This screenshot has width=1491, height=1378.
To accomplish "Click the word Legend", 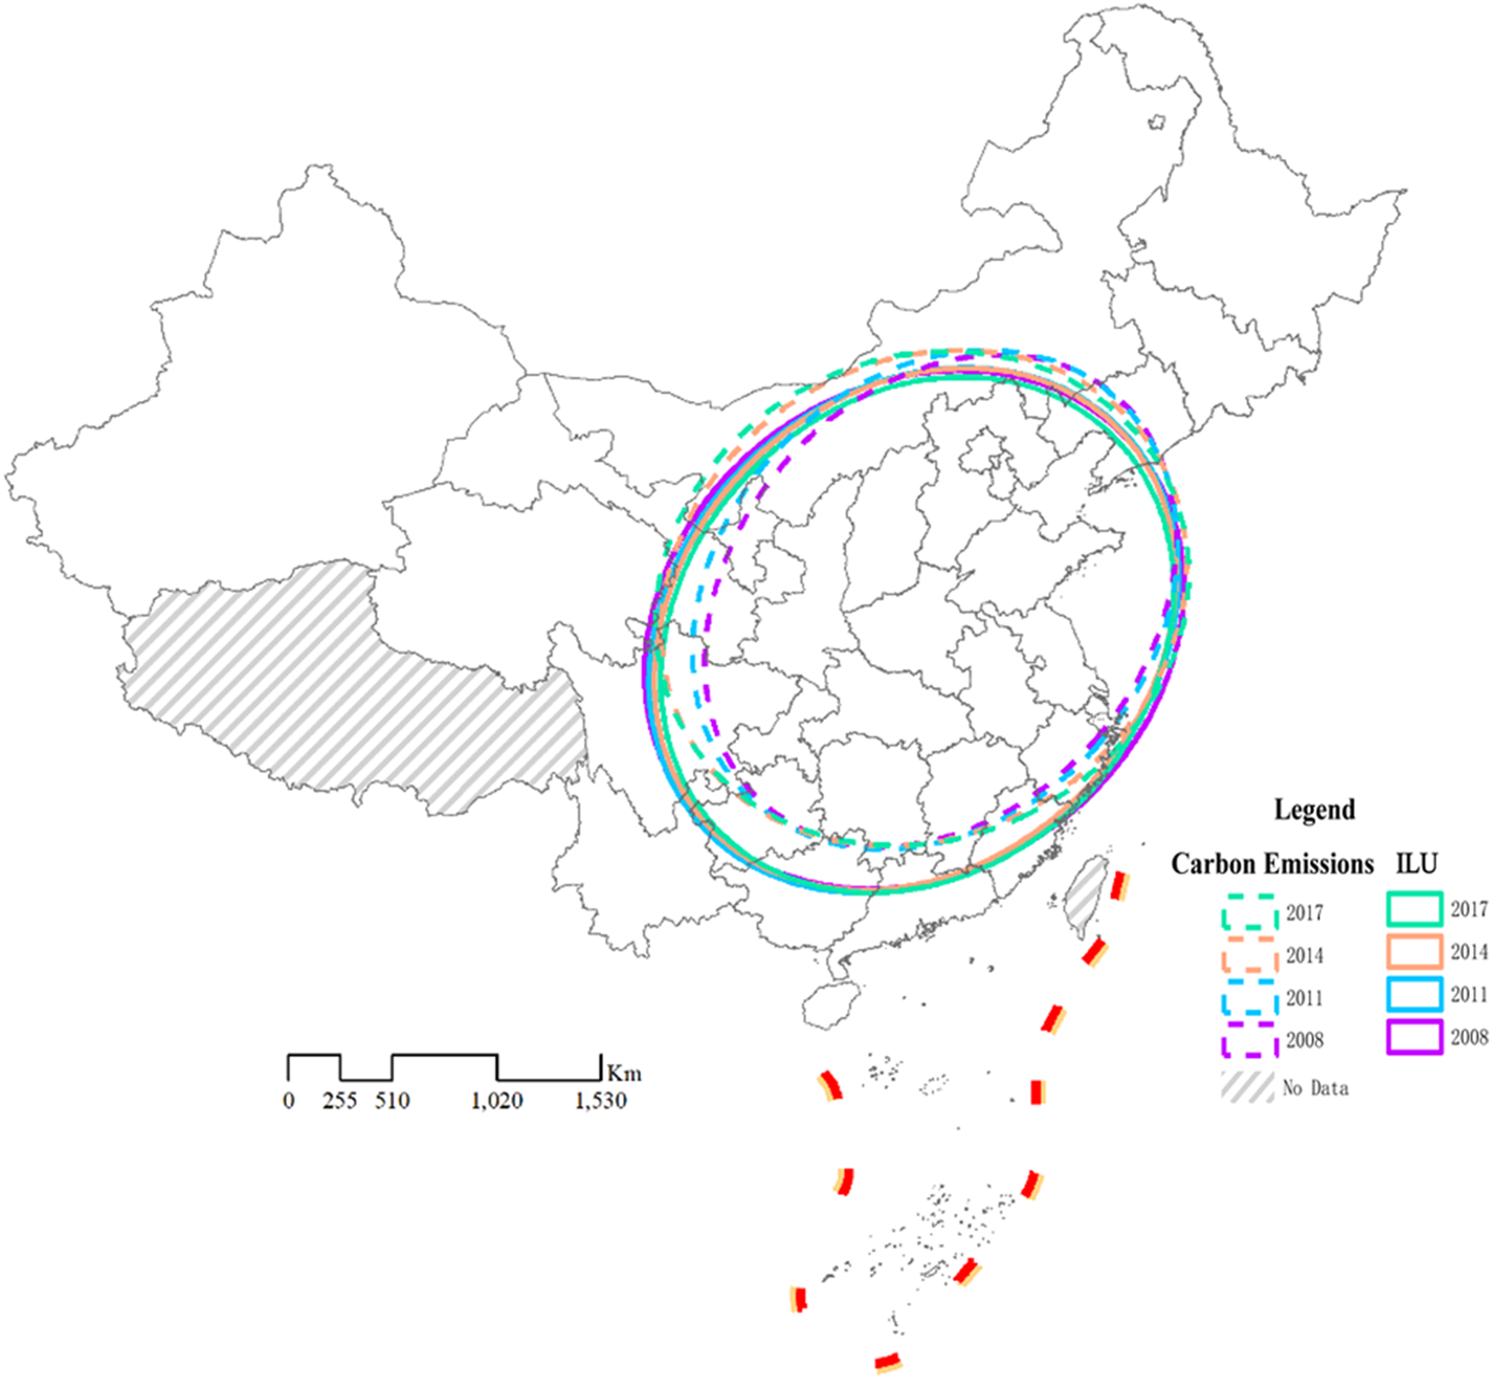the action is click(x=1314, y=809).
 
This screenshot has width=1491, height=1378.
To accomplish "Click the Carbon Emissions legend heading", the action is click(x=1272, y=864).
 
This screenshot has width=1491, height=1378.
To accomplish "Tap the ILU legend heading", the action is click(x=1417, y=863).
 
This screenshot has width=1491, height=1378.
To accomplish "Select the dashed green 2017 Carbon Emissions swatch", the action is click(x=1250, y=912).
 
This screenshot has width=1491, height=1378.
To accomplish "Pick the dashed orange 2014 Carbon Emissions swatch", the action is click(x=1250, y=955).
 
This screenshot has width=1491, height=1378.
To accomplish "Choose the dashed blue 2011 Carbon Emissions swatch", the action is click(x=1250, y=997).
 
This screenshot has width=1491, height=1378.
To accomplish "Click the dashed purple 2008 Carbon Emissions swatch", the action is click(x=1250, y=1040).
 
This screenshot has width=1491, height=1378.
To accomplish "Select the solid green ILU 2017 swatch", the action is click(x=1414, y=910).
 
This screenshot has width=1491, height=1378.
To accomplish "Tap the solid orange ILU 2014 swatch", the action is click(x=1414, y=952).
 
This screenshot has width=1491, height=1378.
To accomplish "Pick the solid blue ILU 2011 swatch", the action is click(x=1414, y=995).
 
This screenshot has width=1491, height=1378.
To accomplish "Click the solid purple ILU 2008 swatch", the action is click(x=1414, y=1038).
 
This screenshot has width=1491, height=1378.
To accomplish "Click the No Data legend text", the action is click(x=1316, y=1088).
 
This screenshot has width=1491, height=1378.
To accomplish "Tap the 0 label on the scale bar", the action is click(x=289, y=1101).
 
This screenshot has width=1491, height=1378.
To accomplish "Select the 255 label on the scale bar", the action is click(x=339, y=1101).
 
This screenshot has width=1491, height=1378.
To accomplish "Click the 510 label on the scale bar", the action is click(x=392, y=1101).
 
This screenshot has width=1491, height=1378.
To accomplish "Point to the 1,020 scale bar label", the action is click(x=497, y=1101).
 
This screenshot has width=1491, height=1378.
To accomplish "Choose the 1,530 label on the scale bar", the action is click(x=600, y=1101).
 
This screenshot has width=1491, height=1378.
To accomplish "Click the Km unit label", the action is click(x=624, y=1073).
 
